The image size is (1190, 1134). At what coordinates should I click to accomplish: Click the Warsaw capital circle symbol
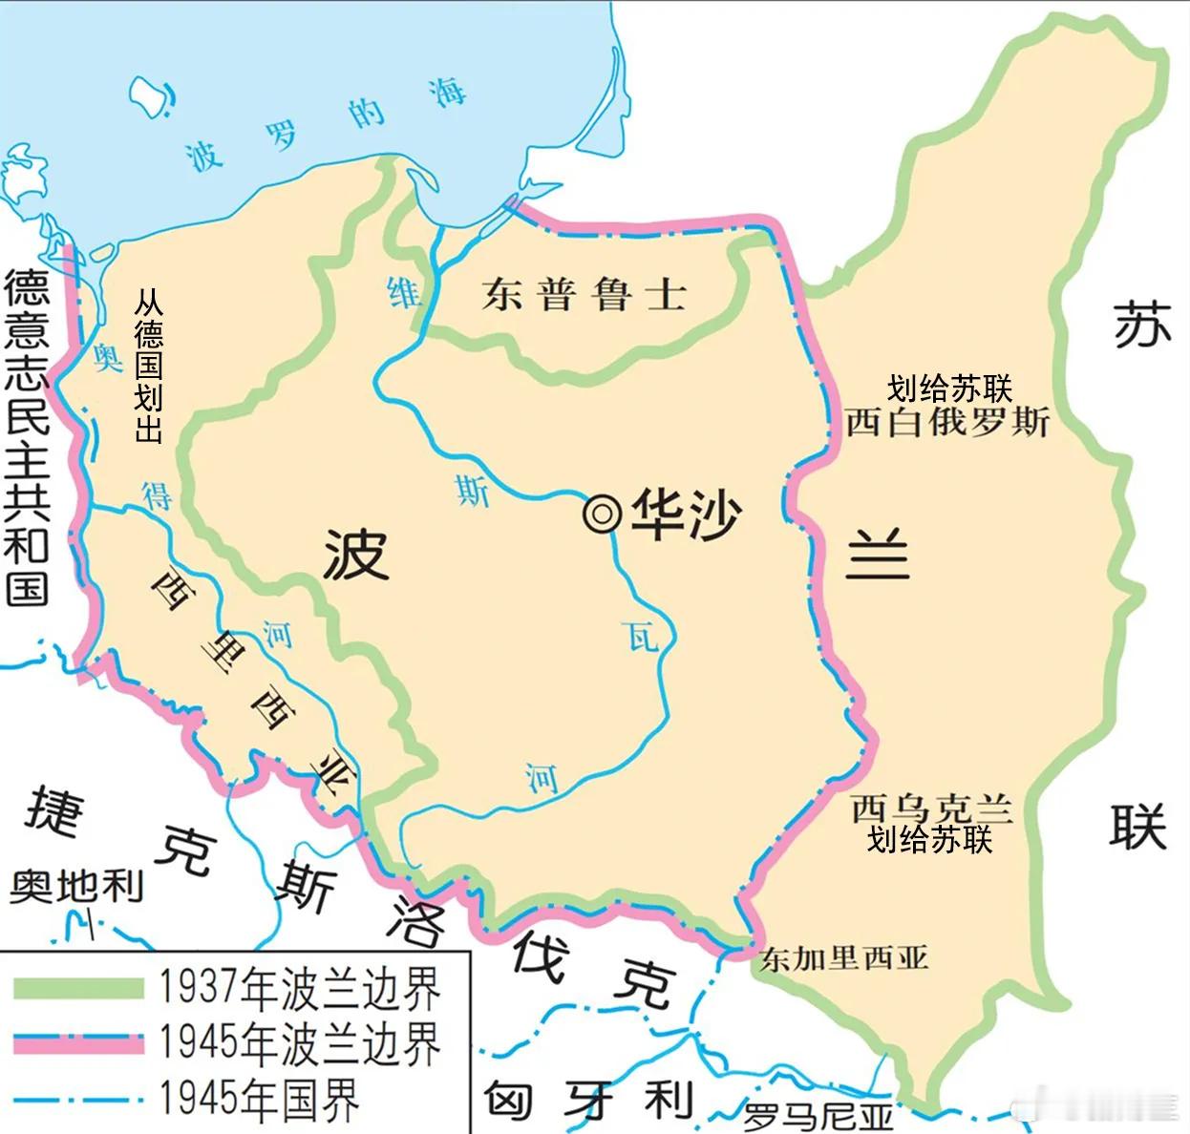(x=602, y=514)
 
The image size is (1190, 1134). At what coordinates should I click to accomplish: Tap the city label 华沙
(x=686, y=514)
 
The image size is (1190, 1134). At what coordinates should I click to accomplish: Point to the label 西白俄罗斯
(x=947, y=421)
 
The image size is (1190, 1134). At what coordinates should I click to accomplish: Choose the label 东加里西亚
(x=843, y=957)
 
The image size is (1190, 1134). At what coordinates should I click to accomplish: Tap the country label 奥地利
(x=76, y=886)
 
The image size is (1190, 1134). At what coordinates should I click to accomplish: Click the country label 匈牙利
(x=587, y=1101)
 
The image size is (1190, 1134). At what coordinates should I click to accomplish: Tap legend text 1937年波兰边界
(x=300, y=988)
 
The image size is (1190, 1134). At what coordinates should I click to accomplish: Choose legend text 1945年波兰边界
(x=300, y=1043)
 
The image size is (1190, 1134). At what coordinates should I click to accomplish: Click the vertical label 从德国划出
(x=148, y=367)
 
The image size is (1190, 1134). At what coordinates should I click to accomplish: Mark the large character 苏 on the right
(x=1142, y=324)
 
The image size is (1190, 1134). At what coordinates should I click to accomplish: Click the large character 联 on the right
(x=1137, y=826)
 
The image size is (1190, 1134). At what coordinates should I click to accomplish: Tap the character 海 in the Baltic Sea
(x=446, y=93)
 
